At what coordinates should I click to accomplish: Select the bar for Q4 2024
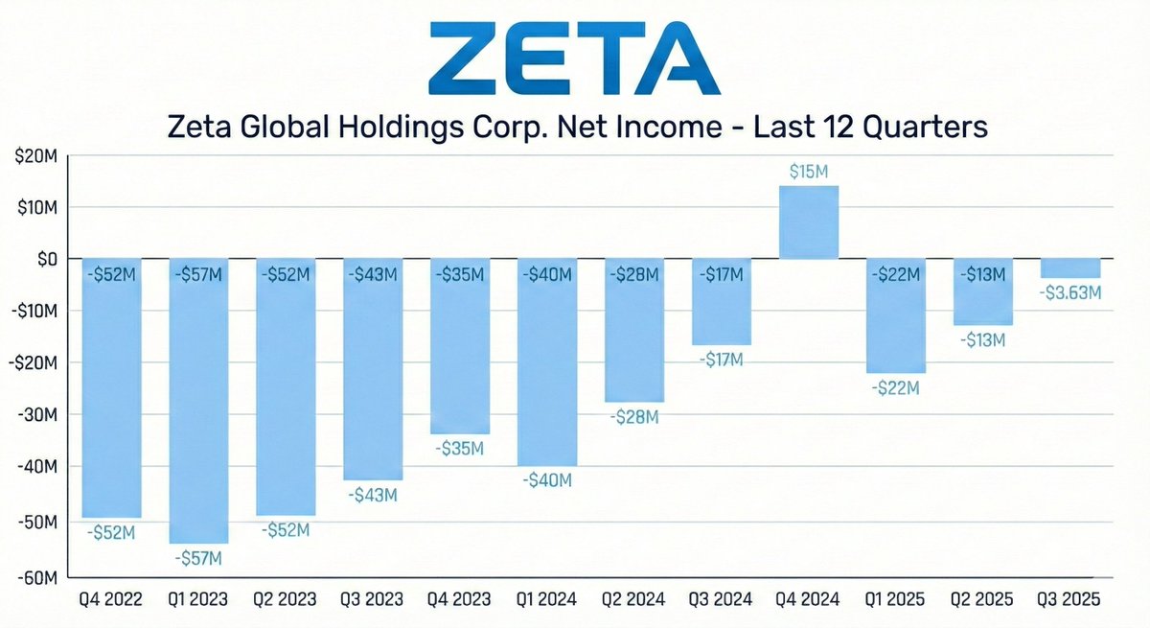point(808,221)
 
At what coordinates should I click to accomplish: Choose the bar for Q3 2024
point(721,301)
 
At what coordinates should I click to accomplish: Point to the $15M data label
point(808,171)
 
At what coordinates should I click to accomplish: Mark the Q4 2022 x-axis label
point(112,600)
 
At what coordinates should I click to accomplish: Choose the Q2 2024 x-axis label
point(633,600)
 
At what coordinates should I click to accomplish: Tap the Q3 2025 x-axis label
point(1069,600)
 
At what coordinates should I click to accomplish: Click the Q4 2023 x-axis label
point(460,600)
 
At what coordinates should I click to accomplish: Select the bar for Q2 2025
point(982,291)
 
